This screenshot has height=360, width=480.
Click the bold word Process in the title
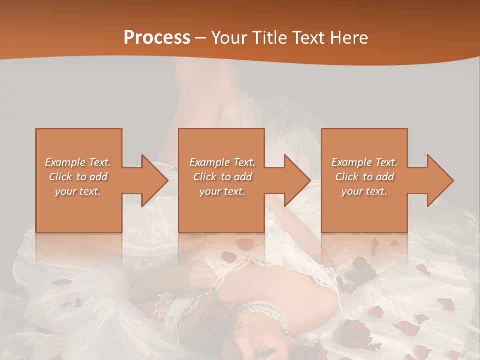(157, 38)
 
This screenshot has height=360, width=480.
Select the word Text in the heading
(309, 38)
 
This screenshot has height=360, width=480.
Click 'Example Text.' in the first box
(78, 162)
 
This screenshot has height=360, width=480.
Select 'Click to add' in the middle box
(222, 177)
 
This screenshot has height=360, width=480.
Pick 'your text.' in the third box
(364, 191)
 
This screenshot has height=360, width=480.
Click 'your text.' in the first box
(78, 191)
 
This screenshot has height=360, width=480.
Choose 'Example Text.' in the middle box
(222, 162)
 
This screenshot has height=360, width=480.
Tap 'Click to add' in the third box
(364, 177)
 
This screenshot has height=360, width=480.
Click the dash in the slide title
(201, 38)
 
